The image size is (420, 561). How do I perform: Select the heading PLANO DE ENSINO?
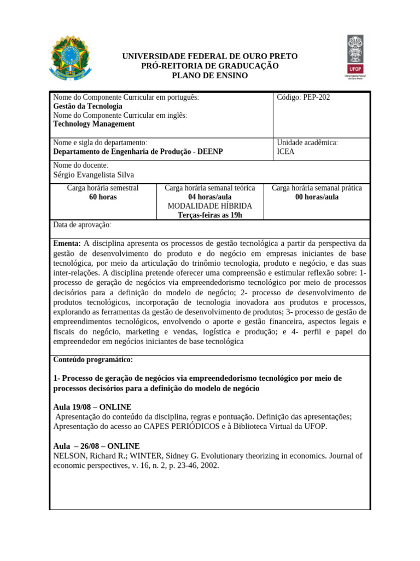tap(209, 75)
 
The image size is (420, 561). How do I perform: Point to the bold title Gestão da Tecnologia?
tap(87, 106)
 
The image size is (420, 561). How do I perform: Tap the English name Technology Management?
tap(94, 124)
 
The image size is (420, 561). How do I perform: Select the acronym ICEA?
tap(285, 152)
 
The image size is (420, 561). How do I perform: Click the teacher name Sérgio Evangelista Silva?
tap(94, 175)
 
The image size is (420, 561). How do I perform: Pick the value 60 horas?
tap(102, 197)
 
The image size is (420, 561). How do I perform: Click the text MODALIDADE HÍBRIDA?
tap(209, 206)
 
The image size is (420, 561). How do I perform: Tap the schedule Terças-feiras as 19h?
tap(209, 215)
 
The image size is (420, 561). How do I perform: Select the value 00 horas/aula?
tap(317, 197)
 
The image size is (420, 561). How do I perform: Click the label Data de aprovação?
tap(82, 225)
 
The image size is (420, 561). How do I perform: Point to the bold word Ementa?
tap(67, 243)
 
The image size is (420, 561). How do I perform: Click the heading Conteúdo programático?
tap(93, 360)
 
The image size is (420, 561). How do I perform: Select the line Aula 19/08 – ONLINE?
tap(92, 407)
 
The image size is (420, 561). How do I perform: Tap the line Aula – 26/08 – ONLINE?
tap(96, 446)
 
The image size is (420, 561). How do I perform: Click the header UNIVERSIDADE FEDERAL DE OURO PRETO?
tap(209, 56)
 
